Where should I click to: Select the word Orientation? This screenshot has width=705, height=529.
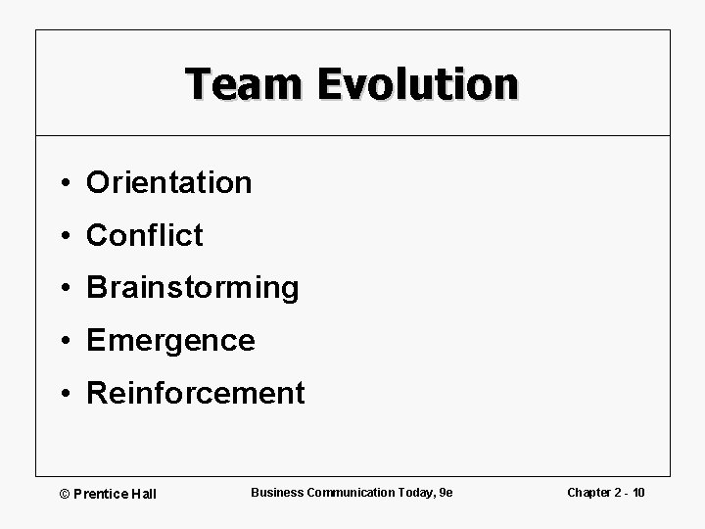click(168, 182)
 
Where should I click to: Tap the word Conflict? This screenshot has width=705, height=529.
click(145, 235)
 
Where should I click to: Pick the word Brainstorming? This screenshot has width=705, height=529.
click(192, 288)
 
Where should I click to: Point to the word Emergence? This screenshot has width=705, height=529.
click(170, 341)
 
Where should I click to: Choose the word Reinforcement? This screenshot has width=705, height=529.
click(196, 394)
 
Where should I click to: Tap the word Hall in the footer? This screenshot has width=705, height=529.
click(142, 492)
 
